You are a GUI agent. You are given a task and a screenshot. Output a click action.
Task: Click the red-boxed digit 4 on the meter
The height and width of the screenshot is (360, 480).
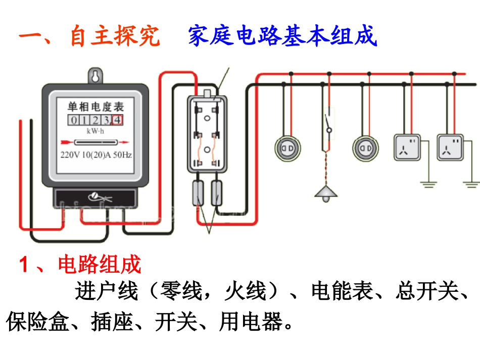coord(117,120)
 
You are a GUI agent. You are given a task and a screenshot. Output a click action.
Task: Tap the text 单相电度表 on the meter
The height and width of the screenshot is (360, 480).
coord(95,107)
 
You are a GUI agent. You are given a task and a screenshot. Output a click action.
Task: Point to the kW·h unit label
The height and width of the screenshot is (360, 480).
coord(95,131)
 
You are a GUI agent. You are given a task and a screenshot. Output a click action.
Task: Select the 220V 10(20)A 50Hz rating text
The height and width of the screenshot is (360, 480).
coord(95,154)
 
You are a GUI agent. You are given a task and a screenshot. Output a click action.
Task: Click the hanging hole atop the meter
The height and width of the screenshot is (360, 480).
coord(94,76)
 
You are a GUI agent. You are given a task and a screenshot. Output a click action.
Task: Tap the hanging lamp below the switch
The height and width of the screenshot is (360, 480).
coord(326,192)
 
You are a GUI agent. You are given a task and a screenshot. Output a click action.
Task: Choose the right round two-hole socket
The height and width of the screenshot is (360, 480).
coord(365,148)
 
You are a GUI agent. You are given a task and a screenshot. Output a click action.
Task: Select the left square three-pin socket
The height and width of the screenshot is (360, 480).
coord(407,147)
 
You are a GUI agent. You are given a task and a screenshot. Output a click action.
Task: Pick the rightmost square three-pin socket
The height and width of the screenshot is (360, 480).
coord(450,147)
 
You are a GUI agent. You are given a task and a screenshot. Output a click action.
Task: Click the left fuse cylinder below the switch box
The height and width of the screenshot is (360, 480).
coord(198,193)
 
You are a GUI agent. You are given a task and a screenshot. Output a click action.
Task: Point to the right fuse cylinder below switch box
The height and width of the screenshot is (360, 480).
coord(217,193)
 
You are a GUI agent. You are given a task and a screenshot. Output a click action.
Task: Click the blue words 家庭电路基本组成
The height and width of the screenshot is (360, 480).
coord(282,36)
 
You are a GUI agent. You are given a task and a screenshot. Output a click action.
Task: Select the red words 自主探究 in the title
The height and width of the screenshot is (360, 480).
coord(115,36)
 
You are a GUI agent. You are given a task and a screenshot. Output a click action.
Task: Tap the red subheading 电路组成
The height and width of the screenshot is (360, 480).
coord(100,264)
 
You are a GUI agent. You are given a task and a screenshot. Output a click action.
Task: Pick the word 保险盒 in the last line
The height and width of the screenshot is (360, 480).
coord(37,321)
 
